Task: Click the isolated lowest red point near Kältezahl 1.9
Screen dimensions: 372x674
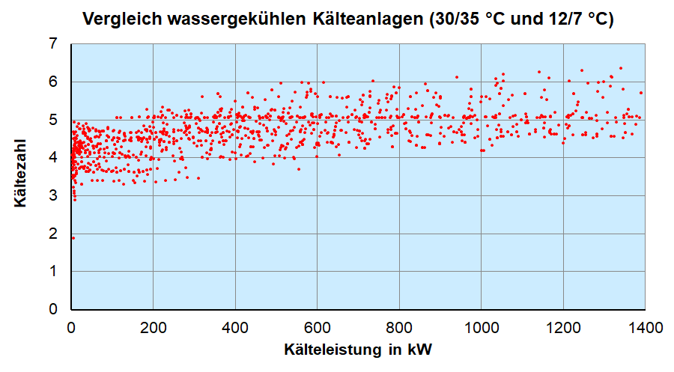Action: [73, 238]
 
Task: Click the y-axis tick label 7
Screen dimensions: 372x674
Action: [52, 43]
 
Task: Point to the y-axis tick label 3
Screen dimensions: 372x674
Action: [52, 195]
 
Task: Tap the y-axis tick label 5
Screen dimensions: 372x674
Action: [52, 120]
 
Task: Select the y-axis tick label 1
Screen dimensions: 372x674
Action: [52, 271]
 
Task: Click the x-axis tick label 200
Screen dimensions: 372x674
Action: [153, 328]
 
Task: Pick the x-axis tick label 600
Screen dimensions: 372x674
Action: [317, 328]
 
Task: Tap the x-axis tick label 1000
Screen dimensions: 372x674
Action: [481, 328]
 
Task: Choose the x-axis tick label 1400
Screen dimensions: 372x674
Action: [646, 328]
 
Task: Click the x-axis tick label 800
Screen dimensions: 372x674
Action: [399, 328]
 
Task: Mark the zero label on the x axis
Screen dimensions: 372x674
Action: [71, 328]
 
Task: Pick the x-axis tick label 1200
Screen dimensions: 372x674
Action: [563, 328]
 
